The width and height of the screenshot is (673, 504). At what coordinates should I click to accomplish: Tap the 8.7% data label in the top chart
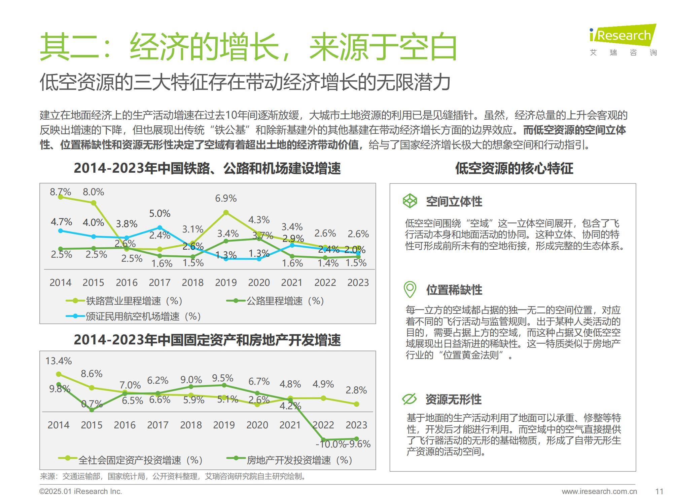(60, 192)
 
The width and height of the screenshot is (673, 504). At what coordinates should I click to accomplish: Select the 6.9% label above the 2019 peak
(226, 198)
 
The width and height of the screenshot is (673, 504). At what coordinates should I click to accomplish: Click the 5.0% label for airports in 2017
(160, 213)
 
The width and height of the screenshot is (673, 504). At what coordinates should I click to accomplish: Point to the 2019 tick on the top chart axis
(226, 282)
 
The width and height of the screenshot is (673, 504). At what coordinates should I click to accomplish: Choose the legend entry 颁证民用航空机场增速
(143, 316)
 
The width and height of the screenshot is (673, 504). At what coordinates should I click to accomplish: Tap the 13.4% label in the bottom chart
(59, 361)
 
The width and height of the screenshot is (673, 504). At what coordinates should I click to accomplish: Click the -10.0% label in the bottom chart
(330, 444)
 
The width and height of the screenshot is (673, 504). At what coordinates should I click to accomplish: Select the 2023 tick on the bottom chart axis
(356, 425)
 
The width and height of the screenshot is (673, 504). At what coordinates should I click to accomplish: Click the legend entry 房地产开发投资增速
(299, 460)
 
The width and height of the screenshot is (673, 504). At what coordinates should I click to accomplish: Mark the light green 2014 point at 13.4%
(59, 374)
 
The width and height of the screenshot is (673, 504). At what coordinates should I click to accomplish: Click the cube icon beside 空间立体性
(410, 201)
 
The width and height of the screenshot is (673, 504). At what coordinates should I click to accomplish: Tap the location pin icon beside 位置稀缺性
(410, 289)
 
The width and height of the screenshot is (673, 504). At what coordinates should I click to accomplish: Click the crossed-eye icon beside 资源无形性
(410, 399)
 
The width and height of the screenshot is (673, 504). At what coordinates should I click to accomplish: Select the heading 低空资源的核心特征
(514, 168)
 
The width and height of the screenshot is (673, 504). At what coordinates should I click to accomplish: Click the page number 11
(659, 492)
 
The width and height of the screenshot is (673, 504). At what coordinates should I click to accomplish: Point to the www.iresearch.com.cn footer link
(599, 492)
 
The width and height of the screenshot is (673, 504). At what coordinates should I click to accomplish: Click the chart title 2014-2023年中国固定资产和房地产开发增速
(207, 340)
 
